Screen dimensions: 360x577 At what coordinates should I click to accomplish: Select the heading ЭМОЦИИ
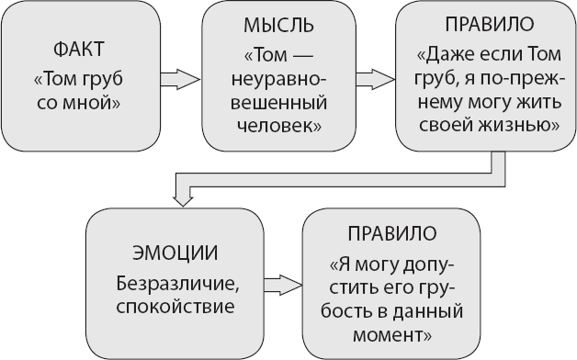[164, 253]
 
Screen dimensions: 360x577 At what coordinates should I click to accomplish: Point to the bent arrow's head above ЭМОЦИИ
[184, 194]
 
